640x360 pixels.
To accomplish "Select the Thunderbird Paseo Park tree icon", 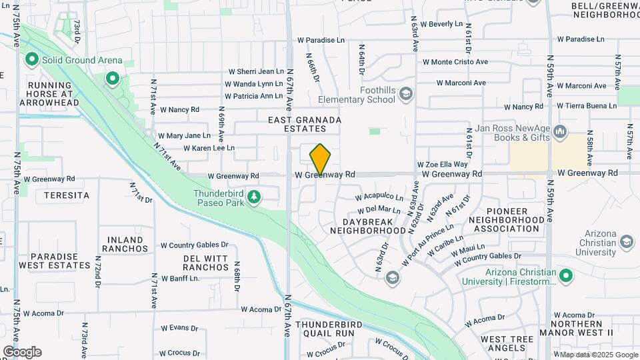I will pos(253,197).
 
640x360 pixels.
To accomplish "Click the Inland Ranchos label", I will pos(125,244).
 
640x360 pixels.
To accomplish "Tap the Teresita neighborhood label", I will pos(67,195).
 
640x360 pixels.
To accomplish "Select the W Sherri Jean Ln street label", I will pos(256,71).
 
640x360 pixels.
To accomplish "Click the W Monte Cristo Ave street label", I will pos(455,62).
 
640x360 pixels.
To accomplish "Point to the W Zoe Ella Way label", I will pos(443,164).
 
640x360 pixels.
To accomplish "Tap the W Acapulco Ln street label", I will pos(379,197).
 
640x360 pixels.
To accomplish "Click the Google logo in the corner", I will pos(22,352).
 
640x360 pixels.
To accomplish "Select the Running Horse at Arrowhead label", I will pos(54,94).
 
